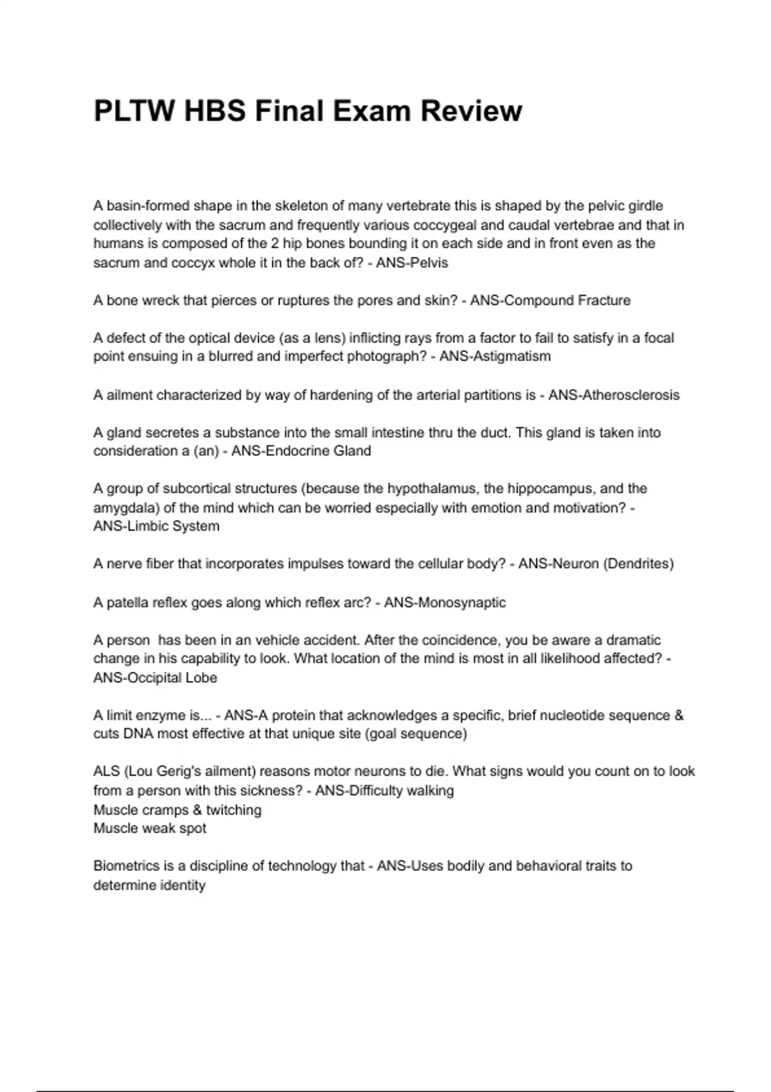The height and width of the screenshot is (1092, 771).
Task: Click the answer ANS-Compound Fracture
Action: pos(550,300)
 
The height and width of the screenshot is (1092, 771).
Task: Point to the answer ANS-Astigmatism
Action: pos(495,357)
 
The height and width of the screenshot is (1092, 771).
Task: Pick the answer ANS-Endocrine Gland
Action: pos(301,451)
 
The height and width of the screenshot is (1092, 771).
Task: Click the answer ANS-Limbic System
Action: pos(156,526)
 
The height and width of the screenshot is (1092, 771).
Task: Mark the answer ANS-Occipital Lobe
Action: pos(155,678)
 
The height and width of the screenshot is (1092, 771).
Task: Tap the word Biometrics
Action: pos(126,866)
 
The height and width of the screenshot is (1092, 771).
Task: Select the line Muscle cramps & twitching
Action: pos(177,810)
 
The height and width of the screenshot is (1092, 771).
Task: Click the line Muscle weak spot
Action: pos(150,829)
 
